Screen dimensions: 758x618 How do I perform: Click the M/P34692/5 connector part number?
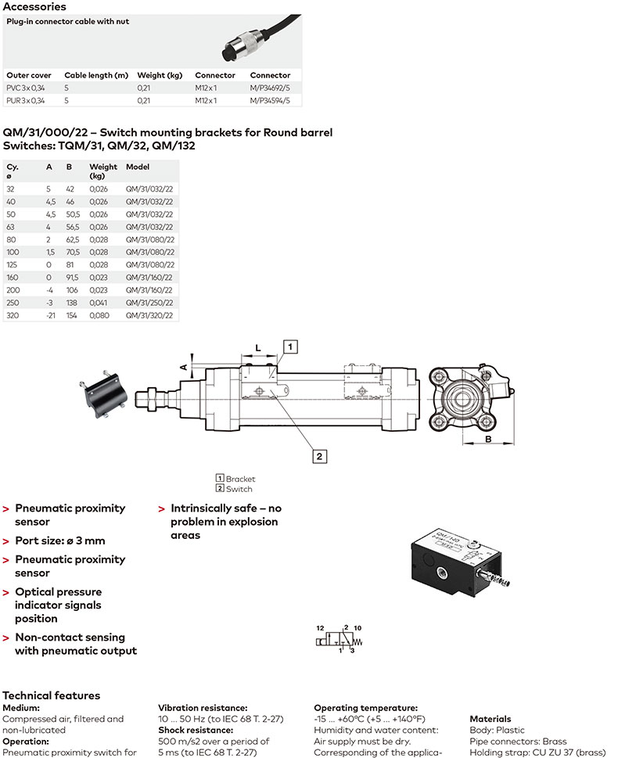click(270, 88)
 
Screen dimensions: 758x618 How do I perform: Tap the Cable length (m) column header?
click(96, 75)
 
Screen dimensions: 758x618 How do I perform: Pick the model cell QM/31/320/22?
click(149, 314)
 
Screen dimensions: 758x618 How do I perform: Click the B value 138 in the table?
click(72, 303)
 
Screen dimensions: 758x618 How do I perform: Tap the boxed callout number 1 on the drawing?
click(289, 346)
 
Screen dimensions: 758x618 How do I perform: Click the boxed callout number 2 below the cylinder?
click(319, 454)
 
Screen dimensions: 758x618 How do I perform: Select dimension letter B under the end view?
click(487, 439)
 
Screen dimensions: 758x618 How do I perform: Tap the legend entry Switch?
click(239, 489)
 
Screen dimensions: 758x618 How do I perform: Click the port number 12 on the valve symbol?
click(319, 628)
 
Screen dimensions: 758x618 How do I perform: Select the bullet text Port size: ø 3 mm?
click(59, 541)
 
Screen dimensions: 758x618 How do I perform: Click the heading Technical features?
click(52, 695)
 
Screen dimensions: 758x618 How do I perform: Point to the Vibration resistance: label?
click(203, 707)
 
